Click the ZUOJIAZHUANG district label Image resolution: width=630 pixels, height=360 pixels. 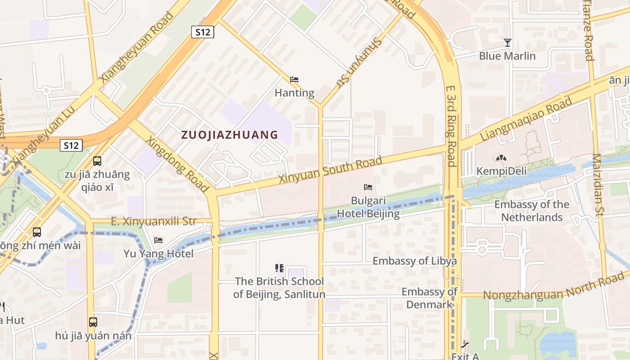pyautogui.click(x=229, y=135)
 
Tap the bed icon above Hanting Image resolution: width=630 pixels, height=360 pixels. pyautogui.click(x=294, y=80)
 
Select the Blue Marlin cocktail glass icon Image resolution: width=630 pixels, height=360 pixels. pyautogui.click(x=508, y=43)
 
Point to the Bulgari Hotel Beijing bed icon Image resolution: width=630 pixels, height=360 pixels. pyautogui.click(x=368, y=187)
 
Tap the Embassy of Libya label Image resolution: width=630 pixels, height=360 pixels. pyautogui.click(x=414, y=261)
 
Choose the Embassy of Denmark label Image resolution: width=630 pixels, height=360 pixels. pyautogui.click(x=429, y=298)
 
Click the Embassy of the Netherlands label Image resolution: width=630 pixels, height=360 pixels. pyautogui.click(x=531, y=211)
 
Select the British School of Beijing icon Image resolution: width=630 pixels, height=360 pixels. pyautogui.click(x=279, y=268)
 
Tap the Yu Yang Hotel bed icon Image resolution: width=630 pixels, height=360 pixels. pyautogui.click(x=158, y=240)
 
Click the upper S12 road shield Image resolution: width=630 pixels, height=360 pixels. pyautogui.click(x=202, y=32)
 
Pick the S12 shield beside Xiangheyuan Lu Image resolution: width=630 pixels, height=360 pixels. pyautogui.click(x=72, y=145)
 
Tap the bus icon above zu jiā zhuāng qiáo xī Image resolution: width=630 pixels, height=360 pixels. pyautogui.click(x=97, y=161)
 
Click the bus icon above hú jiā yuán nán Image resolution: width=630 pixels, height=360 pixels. pyautogui.click(x=93, y=322)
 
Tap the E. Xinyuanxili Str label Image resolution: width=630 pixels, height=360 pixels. pyautogui.click(x=153, y=221)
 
